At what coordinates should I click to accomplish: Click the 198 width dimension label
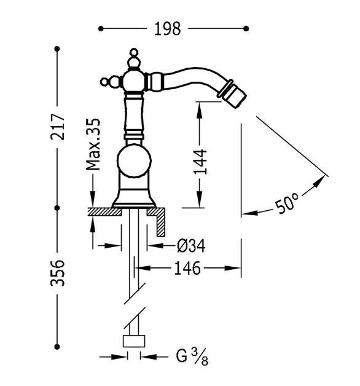[167, 29]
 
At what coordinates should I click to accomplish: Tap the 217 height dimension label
[58, 127]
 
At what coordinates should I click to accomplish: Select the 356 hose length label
[58, 273]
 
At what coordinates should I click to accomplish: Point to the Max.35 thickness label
[93, 144]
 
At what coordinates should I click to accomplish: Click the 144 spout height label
[200, 162]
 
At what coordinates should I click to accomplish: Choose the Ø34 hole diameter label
[191, 246]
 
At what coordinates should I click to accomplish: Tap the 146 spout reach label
[187, 269]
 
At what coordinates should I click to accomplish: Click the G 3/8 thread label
[192, 356]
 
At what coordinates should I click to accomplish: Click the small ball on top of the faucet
[134, 52]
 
